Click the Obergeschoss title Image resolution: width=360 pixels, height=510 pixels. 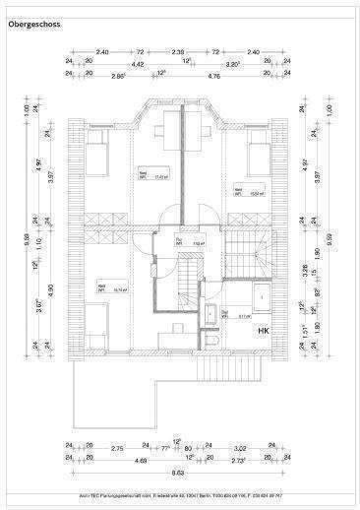[33, 33]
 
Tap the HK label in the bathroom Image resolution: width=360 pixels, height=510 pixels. [264, 331]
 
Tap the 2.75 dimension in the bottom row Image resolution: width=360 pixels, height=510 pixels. [117, 448]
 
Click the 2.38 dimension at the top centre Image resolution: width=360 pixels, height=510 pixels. [178, 50]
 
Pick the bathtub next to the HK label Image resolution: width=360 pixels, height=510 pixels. [264, 296]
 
